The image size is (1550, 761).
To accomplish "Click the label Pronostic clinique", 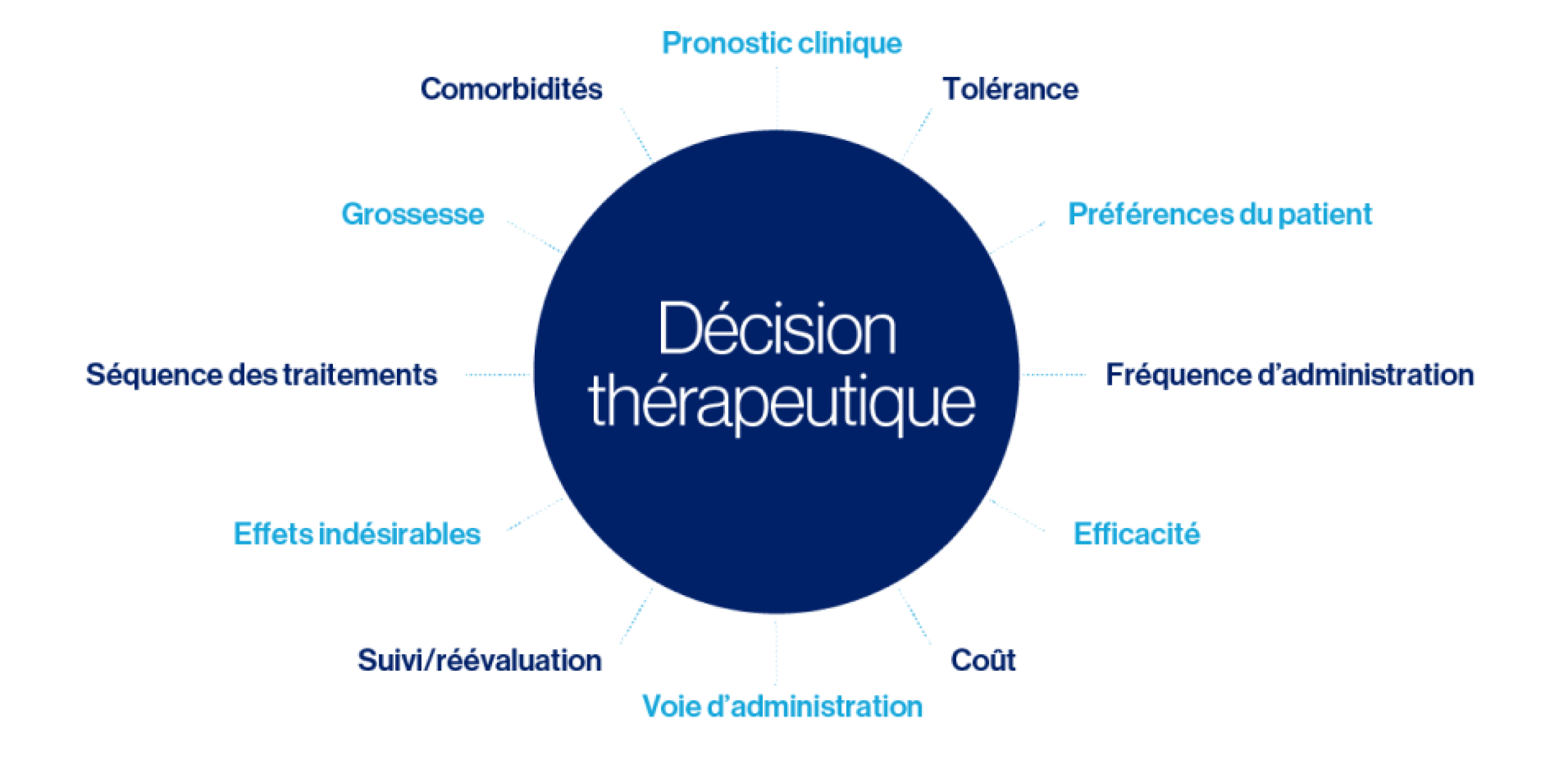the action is point(782,44).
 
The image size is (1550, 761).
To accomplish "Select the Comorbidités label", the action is point(512,89).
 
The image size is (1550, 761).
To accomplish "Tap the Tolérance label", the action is point(1010,89).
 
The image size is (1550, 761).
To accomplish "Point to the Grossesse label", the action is point(413,214).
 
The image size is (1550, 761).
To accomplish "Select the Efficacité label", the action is point(1137,534).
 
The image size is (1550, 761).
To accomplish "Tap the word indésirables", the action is point(399,534).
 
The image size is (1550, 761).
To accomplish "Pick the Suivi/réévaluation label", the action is point(480,660).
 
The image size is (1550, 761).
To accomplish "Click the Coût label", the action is point(983,660).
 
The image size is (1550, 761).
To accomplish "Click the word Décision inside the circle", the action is point(777,329).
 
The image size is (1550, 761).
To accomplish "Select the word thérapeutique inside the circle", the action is point(781,405).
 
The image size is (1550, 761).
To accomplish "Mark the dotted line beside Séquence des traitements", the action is point(498,375).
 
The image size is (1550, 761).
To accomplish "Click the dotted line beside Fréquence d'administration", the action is point(1053,375).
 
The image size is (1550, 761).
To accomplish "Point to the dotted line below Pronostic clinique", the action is point(777,98).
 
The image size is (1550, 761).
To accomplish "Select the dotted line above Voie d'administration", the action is point(776,653).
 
